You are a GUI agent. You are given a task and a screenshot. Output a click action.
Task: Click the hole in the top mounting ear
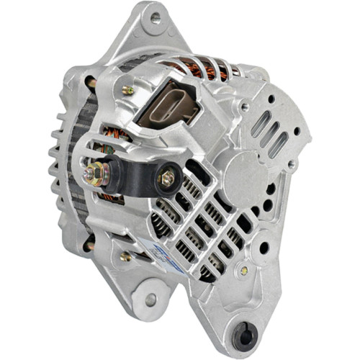154,19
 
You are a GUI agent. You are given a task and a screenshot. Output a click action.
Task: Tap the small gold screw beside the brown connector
128,90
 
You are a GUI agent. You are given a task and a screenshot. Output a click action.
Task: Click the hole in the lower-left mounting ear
150,297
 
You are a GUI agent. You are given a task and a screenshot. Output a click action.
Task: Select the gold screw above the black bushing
245,270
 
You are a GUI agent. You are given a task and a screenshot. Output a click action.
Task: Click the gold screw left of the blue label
126,256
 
